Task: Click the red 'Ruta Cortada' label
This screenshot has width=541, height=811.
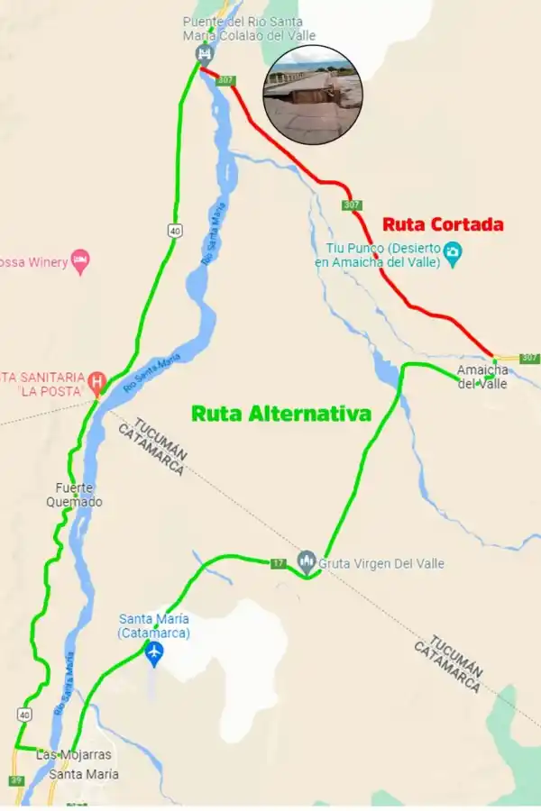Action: coord(443,224)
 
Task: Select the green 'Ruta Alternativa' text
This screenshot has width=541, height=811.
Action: coord(281,414)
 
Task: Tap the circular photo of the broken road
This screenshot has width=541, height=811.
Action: coord(313,95)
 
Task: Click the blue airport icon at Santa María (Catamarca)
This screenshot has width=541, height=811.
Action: coord(154,652)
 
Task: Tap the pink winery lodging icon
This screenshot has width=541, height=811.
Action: coord(80,261)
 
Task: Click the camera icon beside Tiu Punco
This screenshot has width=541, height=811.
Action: coord(454,253)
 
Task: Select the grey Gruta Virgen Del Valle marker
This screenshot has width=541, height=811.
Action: coord(307,562)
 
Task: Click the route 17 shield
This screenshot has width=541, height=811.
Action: coord(279,563)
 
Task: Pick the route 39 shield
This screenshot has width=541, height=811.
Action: coord(17,779)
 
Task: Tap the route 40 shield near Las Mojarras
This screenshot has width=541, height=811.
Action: coord(23,714)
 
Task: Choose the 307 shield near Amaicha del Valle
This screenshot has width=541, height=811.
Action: coord(529,358)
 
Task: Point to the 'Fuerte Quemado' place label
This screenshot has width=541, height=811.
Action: coord(75,495)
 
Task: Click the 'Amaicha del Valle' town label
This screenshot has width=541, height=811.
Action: coord(482,377)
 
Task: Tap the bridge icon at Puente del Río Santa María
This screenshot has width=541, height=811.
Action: coord(204,54)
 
